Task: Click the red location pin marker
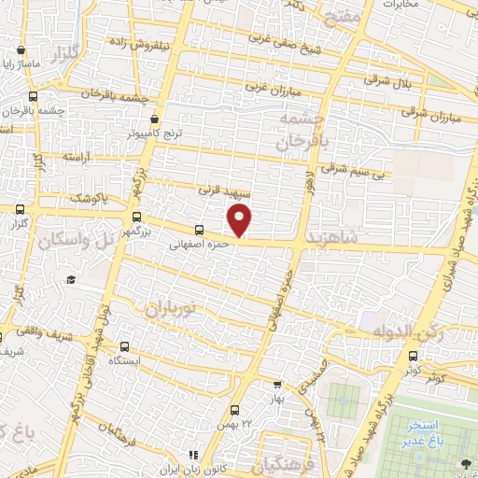(240, 220)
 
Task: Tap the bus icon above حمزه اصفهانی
(198, 230)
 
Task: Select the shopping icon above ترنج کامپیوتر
(155, 119)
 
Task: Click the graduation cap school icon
(71, 279)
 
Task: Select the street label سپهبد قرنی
(218, 189)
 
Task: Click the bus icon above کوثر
(414, 355)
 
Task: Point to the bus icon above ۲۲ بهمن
(233, 410)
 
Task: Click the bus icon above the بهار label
(276, 384)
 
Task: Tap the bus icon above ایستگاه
(125, 345)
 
